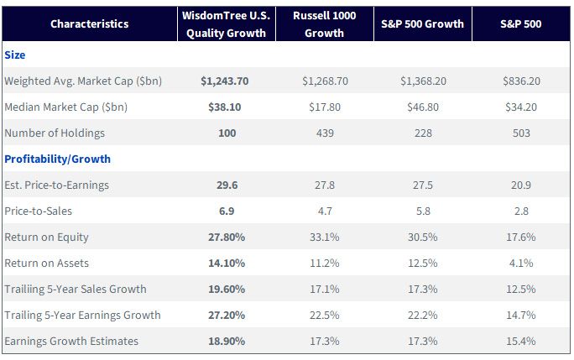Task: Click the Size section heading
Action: (x=15, y=55)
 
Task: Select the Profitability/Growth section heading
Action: (x=57, y=159)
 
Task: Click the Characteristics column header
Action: (x=89, y=24)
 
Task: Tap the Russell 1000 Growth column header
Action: (x=324, y=24)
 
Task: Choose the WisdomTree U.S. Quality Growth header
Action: (x=227, y=24)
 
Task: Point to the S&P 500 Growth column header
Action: (x=422, y=24)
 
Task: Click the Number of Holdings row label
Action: (x=55, y=133)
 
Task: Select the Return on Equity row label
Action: (x=46, y=237)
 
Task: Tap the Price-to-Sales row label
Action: (x=38, y=211)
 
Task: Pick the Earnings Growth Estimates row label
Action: (x=71, y=342)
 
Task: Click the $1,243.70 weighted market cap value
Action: (x=225, y=81)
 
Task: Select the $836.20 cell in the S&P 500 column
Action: (x=521, y=81)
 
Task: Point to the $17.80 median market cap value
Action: (x=325, y=107)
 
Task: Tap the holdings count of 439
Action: (x=325, y=133)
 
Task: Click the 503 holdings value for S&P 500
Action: (x=521, y=133)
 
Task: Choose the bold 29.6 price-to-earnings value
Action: (x=227, y=185)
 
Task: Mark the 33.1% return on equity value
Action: (x=325, y=237)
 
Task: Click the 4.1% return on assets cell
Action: (x=521, y=263)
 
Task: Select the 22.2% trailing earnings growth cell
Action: (x=423, y=316)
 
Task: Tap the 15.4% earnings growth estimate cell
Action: (x=521, y=342)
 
